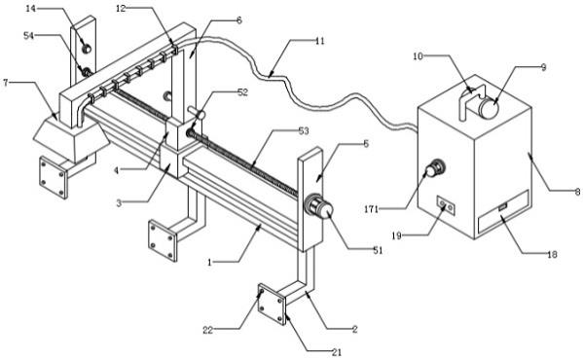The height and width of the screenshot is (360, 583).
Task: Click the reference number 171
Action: [371, 209]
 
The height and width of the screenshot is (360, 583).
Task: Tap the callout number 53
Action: [304, 131]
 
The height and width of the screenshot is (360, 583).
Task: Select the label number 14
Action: [30, 8]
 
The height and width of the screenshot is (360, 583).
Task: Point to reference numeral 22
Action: [207, 330]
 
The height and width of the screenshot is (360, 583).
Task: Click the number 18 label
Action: [552, 254]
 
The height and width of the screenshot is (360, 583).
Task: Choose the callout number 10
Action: [418, 56]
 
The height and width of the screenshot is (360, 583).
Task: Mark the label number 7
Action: [5, 83]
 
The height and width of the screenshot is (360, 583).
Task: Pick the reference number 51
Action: [378, 251]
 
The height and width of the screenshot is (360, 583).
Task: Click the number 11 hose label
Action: [320, 41]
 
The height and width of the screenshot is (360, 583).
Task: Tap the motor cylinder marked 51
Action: [318, 207]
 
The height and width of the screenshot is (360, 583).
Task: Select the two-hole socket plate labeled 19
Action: [446, 205]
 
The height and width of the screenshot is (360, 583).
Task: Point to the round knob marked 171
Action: [435, 169]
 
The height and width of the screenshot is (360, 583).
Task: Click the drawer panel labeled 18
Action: [503, 212]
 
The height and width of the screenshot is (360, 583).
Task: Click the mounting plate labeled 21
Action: [272, 305]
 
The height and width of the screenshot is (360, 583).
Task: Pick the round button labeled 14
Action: [87, 49]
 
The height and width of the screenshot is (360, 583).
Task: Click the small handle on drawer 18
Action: [503, 206]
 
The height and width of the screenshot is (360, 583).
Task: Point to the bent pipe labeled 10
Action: [470, 97]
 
